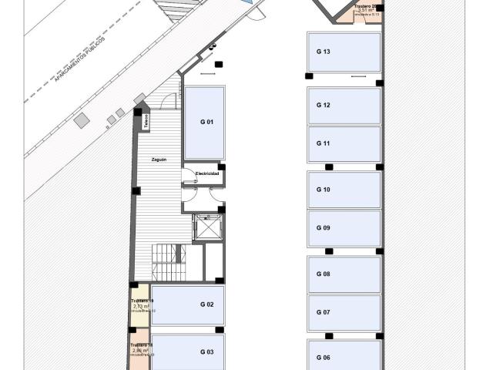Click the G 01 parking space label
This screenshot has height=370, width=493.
tap(206, 122)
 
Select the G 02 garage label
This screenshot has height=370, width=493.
tap(206, 304)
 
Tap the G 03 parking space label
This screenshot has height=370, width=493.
tap(206, 352)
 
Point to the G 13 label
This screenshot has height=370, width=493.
tap(323, 52)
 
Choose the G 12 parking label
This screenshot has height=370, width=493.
tap(323, 106)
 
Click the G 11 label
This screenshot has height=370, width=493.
tap(323, 143)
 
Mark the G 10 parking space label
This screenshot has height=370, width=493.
tap(323, 190)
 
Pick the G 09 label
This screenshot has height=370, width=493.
tap(323, 228)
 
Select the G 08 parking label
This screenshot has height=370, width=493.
tap(323, 274)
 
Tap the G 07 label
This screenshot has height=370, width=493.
tap(323, 312)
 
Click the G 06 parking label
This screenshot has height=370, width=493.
tap(323, 358)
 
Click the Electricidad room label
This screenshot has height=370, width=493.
tap(207, 174)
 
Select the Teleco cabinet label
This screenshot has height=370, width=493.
tap(144, 121)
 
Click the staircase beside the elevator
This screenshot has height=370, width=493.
tap(169, 262)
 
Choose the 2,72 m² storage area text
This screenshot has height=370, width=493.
tap(139, 306)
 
